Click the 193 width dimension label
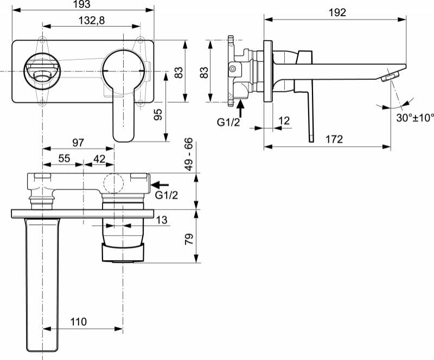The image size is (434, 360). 82,4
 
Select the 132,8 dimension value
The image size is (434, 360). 92,20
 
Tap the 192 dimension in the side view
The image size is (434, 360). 337,12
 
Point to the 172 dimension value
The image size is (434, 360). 334,139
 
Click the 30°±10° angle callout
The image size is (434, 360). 415,118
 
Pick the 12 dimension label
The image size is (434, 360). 284,121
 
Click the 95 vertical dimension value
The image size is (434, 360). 158,115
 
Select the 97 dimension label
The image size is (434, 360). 78,142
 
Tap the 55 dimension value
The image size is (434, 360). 64,159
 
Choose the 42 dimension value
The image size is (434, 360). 99,159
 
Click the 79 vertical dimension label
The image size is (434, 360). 189,239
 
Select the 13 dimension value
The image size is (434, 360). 162,220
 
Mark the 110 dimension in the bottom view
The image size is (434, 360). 78,322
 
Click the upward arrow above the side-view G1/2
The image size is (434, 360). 240,109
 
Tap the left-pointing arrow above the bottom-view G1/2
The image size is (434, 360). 159,185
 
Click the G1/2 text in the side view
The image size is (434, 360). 228,122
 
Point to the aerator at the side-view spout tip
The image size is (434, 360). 391,76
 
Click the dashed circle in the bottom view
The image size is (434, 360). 113,183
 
